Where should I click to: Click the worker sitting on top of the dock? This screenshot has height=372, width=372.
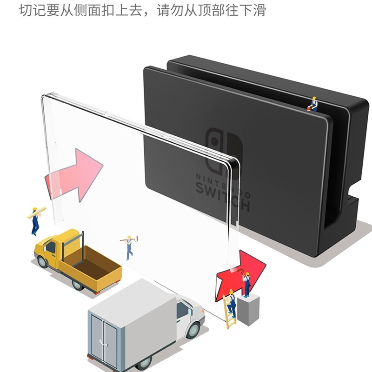point(314,105)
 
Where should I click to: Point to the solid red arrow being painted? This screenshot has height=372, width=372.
point(242,272)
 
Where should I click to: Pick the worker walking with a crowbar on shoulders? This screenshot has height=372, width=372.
point(129,246)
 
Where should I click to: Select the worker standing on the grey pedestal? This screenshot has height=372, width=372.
point(246,284)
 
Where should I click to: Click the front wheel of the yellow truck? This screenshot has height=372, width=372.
point(43,261)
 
